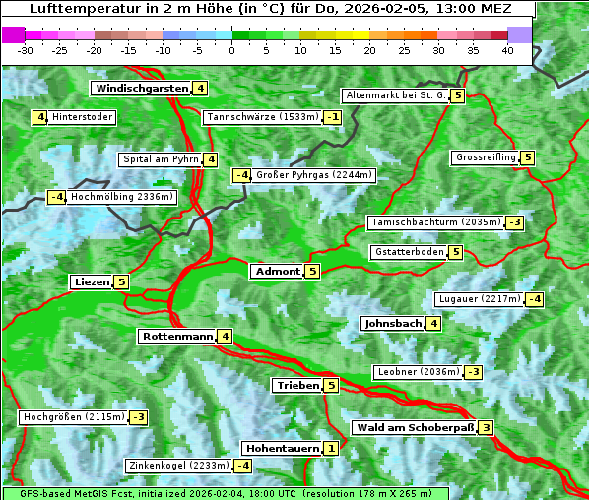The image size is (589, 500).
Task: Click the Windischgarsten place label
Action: coord(141,89)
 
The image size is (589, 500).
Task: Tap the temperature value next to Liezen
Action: coord(122,282)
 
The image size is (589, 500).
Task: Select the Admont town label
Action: coord(277,272)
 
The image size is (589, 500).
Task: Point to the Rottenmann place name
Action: coord(177,337)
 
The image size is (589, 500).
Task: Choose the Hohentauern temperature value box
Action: coord(331,449)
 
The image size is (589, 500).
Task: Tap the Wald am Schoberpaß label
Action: coord(415,428)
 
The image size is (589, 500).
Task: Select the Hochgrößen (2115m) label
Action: coord(74,417)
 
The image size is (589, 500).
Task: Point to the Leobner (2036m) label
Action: coord(418,372)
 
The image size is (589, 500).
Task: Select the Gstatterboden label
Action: coord(409,252)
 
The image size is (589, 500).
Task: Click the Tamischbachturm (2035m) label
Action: coord(434,222)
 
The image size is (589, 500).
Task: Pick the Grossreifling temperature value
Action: coord(528,157)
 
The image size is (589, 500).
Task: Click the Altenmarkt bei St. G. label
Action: coord(395,95)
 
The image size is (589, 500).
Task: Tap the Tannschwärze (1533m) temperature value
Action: coord(334,118)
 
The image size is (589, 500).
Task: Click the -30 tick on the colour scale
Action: coord(26,49)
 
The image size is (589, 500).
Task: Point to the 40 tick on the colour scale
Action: coord(507,49)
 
